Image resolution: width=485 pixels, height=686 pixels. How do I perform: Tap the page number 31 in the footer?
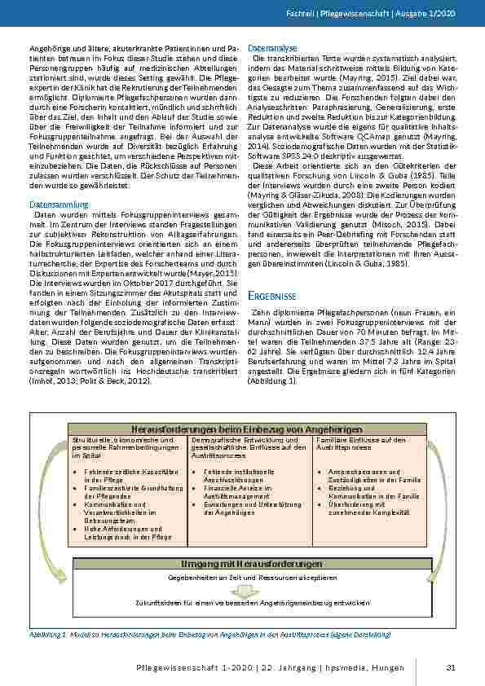pos(450,668)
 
